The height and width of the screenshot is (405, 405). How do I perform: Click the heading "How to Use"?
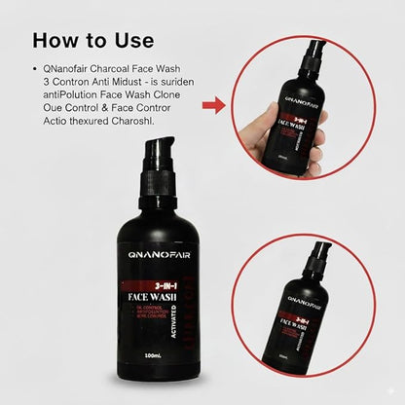pyautogui.click(x=92, y=41)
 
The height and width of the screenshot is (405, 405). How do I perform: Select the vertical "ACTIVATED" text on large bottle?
pyautogui.click(x=173, y=317)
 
